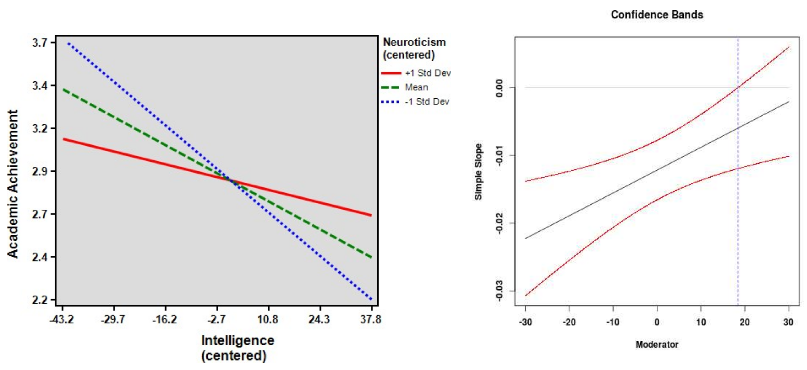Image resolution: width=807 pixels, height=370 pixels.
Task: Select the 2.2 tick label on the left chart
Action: (40, 300)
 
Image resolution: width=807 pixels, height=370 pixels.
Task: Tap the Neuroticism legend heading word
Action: (414, 42)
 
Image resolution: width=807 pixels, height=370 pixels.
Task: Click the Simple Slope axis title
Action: (478, 171)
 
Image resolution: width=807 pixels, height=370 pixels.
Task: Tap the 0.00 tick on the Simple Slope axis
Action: (499, 88)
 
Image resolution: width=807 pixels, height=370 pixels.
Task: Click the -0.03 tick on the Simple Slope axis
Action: (499, 291)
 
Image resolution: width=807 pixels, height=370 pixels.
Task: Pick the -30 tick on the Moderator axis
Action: (525, 322)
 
